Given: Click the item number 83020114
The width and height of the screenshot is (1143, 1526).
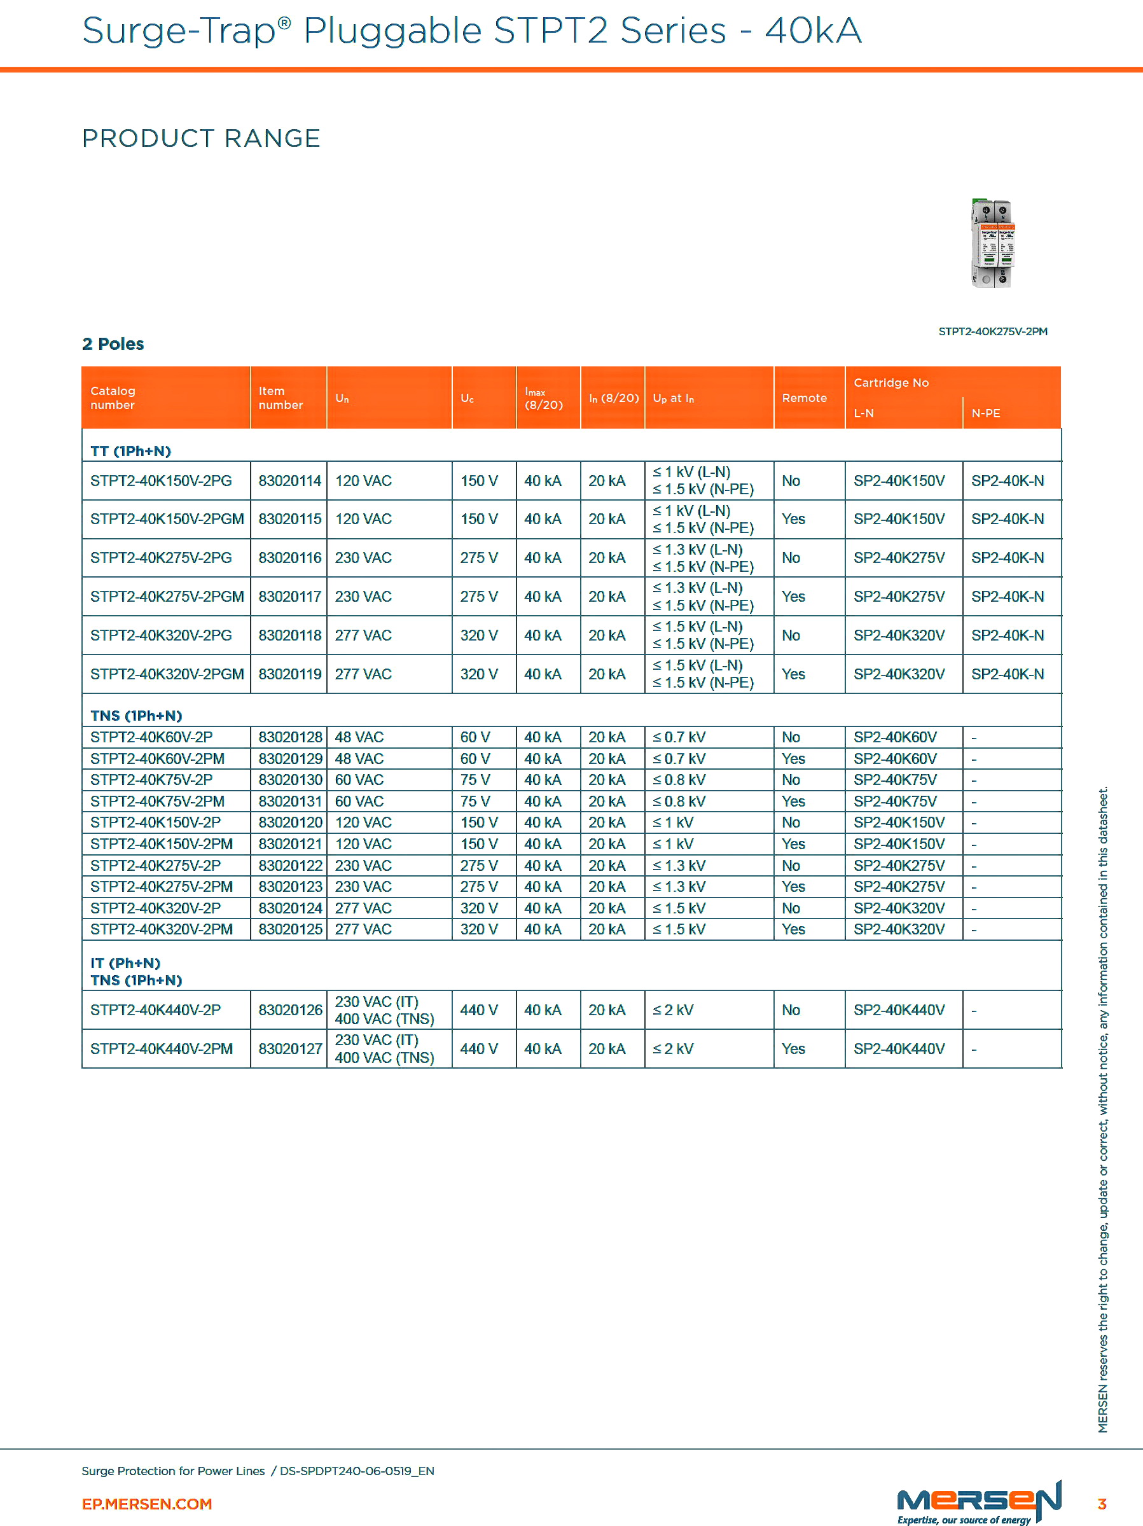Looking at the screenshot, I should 289,481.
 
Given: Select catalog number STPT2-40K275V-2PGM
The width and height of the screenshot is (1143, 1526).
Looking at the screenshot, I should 167,597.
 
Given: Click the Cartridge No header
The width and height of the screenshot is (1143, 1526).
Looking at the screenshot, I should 890,383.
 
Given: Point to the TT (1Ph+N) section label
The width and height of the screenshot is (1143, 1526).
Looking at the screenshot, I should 130,451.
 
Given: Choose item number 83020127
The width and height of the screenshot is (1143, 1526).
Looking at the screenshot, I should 289,1048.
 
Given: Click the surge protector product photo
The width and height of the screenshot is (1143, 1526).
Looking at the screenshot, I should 993,244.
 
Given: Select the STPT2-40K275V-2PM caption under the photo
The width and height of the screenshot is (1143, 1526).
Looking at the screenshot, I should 993,332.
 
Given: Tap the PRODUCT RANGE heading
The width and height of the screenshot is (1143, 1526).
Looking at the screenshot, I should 201,139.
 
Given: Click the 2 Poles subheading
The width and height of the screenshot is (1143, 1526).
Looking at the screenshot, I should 113,344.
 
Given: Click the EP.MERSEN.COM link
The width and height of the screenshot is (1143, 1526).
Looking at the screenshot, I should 147,1504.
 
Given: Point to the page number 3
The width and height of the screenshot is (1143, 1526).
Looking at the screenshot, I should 1102,1504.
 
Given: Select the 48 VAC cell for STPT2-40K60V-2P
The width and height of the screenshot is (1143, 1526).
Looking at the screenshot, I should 359,737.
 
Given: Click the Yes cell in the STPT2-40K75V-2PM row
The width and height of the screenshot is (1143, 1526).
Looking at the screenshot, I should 793,801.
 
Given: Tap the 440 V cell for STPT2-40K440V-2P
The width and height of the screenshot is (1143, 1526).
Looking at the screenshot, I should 479,1010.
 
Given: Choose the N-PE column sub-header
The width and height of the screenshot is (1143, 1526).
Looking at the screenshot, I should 985,413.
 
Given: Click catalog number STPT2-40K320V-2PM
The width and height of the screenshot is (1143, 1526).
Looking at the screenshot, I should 162,929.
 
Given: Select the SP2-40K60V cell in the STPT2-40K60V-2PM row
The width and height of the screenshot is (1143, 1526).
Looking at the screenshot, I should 895,759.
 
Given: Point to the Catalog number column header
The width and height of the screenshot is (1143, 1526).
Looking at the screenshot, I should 113,398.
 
